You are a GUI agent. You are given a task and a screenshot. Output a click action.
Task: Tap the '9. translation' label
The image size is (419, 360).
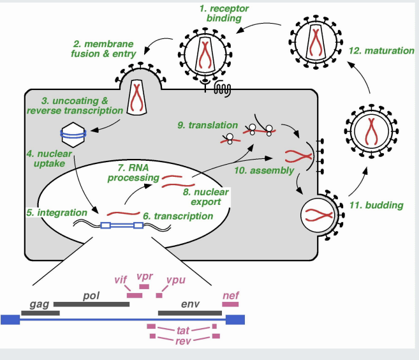[207, 126]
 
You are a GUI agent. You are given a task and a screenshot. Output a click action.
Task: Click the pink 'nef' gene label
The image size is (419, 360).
[230, 295]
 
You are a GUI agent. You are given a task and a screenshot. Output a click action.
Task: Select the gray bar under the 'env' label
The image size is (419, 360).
[189, 313]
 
